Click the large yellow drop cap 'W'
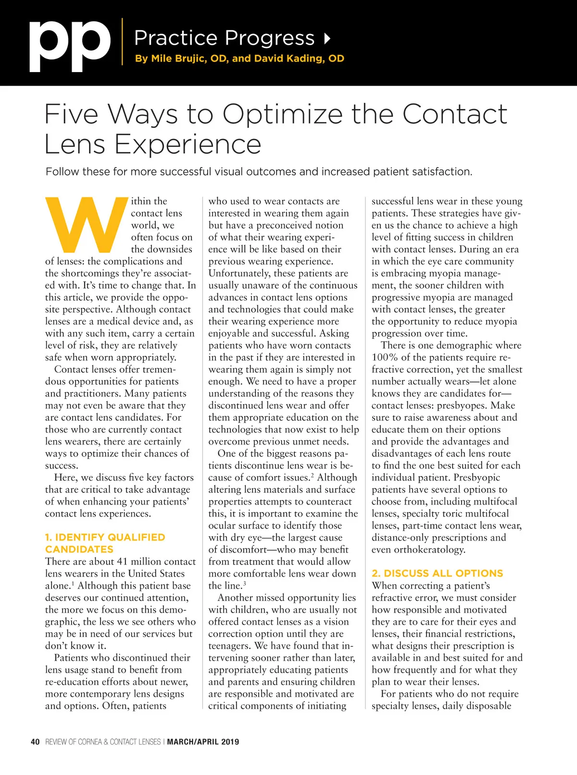pos(85,224)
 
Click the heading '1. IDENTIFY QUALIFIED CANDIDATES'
pos(105,543)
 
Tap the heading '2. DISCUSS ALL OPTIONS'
pos(437,573)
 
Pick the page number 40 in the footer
pos(35,742)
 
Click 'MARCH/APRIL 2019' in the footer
pos(203,742)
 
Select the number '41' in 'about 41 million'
pos(122,562)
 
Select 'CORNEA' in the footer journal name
pos(90,742)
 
